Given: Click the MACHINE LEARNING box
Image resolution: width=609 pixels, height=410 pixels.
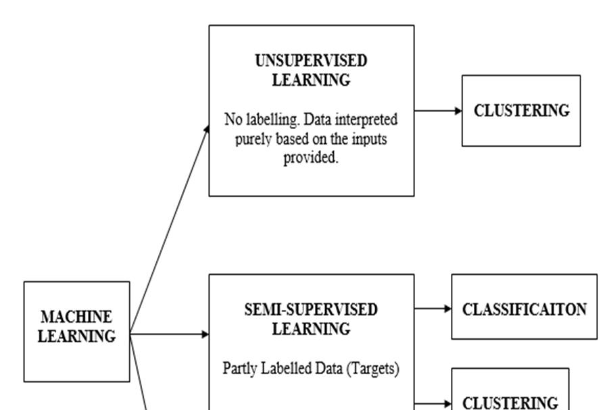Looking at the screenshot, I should point(76,331).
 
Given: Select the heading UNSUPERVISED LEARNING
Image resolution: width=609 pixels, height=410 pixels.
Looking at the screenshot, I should point(311,70).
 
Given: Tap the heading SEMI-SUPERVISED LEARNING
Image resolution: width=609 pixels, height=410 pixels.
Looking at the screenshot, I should point(311,319).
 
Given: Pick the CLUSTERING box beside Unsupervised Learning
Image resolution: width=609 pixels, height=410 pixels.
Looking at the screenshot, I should point(520,111).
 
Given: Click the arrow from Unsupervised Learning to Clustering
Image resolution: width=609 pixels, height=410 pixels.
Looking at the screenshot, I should point(437,110).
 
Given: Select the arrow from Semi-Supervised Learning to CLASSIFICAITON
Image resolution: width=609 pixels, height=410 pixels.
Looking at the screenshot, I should point(433,309).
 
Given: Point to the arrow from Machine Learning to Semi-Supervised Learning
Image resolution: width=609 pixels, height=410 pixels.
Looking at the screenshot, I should point(169,334).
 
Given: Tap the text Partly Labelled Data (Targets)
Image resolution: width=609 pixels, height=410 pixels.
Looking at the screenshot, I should point(311,369).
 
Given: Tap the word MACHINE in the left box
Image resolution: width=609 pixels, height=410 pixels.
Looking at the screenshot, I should point(76,317).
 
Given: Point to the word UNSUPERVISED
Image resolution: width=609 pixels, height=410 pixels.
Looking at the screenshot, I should point(311,61).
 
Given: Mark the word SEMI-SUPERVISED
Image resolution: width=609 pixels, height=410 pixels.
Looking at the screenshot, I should point(311,309).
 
